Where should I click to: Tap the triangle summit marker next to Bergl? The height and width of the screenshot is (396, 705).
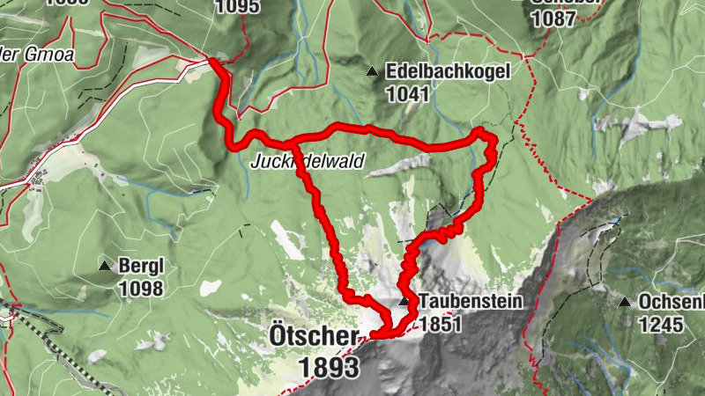(x=105, y=266)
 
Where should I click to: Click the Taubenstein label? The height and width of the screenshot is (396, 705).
(x=471, y=301)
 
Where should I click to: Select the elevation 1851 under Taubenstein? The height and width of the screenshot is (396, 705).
(x=441, y=323)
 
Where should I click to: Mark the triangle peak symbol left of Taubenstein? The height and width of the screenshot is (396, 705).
(x=404, y=301)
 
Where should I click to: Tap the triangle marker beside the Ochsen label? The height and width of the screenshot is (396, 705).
(x=625, y=303)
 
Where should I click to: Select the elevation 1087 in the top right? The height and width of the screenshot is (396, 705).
(x=555, y=20)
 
